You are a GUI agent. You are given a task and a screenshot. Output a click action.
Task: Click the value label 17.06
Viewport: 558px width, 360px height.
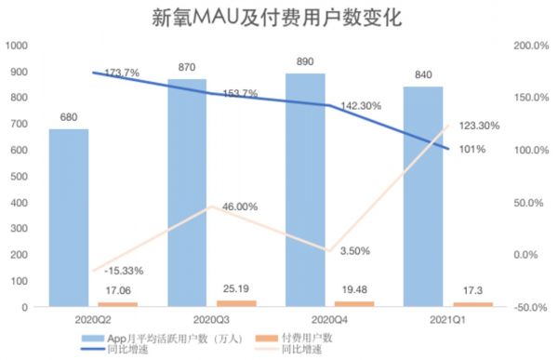point(118,290)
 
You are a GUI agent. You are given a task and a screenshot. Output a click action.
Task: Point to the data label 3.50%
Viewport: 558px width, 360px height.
point(356,251)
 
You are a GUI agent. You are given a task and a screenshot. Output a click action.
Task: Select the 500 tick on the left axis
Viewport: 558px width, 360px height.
point(19,176)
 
